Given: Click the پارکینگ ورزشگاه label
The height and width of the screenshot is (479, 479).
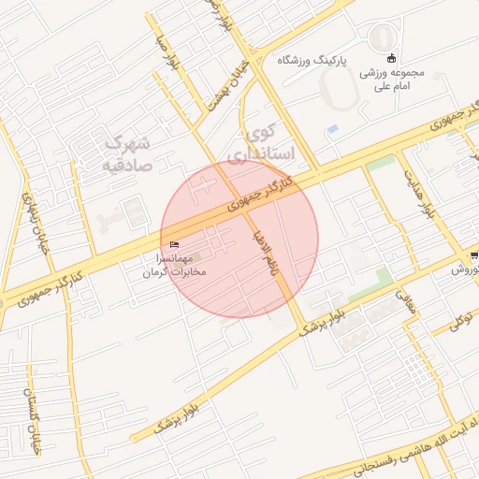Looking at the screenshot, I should click(312, 60).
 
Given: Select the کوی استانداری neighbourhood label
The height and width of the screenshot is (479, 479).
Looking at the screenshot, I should click(268, 141).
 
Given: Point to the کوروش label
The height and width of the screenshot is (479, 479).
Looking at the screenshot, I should click(465, 269).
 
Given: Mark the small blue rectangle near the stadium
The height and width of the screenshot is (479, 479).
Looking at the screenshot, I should click(333, 129).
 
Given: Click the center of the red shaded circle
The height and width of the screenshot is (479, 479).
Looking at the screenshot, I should click(239, 239).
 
